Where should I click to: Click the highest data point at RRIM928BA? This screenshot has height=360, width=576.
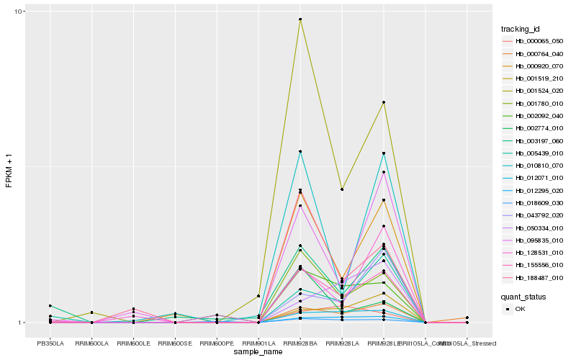coord(300,19)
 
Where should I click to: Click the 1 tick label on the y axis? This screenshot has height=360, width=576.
coord(22,323)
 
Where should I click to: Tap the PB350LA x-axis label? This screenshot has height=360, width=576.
coord(50,343)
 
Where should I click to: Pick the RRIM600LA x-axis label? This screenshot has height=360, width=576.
coord(92,343)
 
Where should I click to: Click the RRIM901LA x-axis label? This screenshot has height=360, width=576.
coord(258,343)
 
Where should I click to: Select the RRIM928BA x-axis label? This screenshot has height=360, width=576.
coord(300,343)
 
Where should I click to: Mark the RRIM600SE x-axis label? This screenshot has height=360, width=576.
coord(175,343)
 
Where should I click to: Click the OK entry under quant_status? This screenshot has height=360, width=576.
coord(521,309)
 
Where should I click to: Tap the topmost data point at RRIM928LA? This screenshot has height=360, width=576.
coord(342,189)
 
